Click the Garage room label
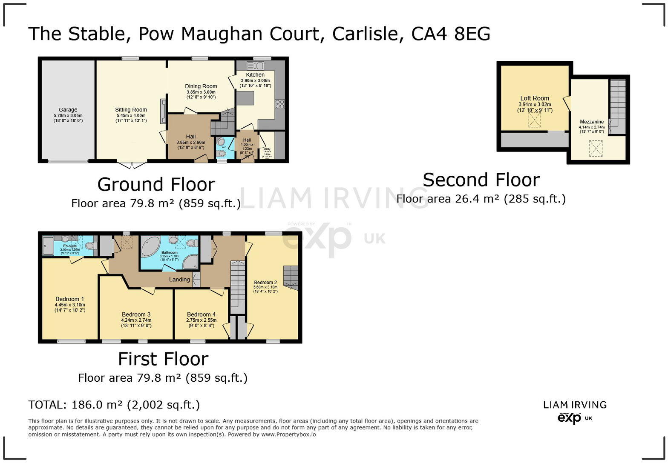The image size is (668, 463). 68,110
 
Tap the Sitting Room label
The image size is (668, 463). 131,110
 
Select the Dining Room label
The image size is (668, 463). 201,86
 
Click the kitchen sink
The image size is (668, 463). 256,66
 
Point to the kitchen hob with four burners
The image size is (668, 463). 280,104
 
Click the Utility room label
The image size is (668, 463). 267,149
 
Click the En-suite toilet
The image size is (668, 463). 89,246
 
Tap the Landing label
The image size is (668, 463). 179,280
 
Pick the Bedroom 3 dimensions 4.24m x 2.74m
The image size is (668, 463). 136,320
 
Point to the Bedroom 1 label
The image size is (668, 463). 69,299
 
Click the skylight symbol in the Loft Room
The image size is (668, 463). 534,121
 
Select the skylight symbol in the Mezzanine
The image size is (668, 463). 596,149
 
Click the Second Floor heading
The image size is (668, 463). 481,180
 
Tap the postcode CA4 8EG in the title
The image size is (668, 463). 450,34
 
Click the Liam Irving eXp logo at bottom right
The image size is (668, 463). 575,412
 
